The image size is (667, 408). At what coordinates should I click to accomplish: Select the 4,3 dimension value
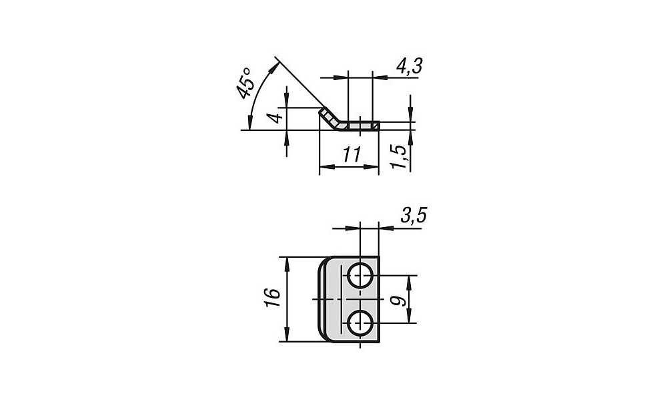coord(409,66)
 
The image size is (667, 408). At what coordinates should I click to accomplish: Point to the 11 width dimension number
coord(352,154)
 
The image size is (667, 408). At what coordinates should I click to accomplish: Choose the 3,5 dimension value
coord(413,216)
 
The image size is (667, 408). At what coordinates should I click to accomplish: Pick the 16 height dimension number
coord(272,298)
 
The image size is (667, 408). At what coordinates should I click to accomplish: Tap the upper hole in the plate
coord(360,276)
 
